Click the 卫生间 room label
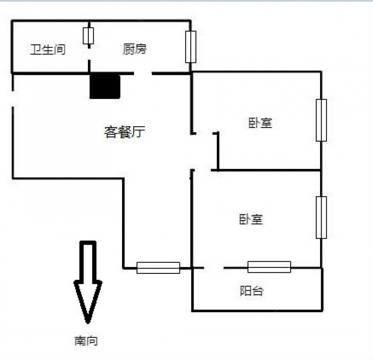point(47,49)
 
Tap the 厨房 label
point(135,49)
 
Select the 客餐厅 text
point(124,132)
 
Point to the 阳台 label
point(251,290)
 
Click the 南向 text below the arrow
point(86,340)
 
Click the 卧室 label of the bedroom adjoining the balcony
point(251,219)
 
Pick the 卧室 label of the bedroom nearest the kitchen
point(260,123)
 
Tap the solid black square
point(105,86)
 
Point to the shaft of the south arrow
point(88,261)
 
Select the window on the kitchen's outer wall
point(191,47)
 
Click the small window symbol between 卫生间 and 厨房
point(88,36)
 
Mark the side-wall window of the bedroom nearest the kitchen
point(321,120)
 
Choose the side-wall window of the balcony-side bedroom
point(321,217)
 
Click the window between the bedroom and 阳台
point(269,267)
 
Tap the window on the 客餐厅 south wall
point(158,267)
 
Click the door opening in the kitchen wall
point(143,73)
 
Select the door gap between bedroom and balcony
point(213,267)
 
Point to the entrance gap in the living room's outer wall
point(13,99)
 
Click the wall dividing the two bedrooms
point(269,170)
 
